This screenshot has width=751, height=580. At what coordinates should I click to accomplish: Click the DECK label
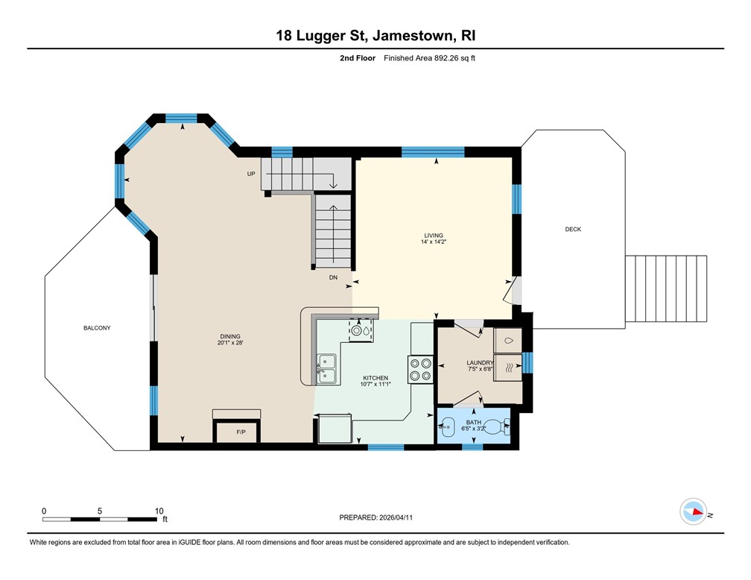[x=573, y=229]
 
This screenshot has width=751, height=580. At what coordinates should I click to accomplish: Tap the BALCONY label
[x=97, y=328]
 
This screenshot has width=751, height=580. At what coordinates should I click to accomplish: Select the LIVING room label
[x=434, y=236]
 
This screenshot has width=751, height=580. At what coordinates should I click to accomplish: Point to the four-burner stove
[x=420, y=370]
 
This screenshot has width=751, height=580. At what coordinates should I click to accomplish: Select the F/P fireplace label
[x=241, y=432]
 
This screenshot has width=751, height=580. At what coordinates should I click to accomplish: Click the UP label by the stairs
[x=251, y=174]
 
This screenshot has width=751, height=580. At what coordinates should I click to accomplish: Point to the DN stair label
[x=333, y=277]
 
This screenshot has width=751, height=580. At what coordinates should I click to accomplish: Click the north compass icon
[x=693, y=511]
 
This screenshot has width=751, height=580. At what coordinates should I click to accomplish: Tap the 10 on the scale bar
[x=159, y=511]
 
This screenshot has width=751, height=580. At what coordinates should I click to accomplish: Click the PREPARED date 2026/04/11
[x=396, y=517]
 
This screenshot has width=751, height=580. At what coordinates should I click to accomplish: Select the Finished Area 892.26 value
[x=446, y=58]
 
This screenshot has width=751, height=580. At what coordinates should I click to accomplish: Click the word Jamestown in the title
[x=413, y=36]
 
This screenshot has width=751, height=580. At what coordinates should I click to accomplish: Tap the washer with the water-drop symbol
[x=507, y=341]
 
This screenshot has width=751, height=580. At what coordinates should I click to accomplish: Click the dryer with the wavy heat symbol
[x=507, y=368]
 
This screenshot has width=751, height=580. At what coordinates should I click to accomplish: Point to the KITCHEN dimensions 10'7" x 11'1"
[x=375, y=384]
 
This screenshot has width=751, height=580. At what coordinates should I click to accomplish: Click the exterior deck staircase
[x=666, y=289]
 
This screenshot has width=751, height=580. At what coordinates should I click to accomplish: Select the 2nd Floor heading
[x=358, y=58]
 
